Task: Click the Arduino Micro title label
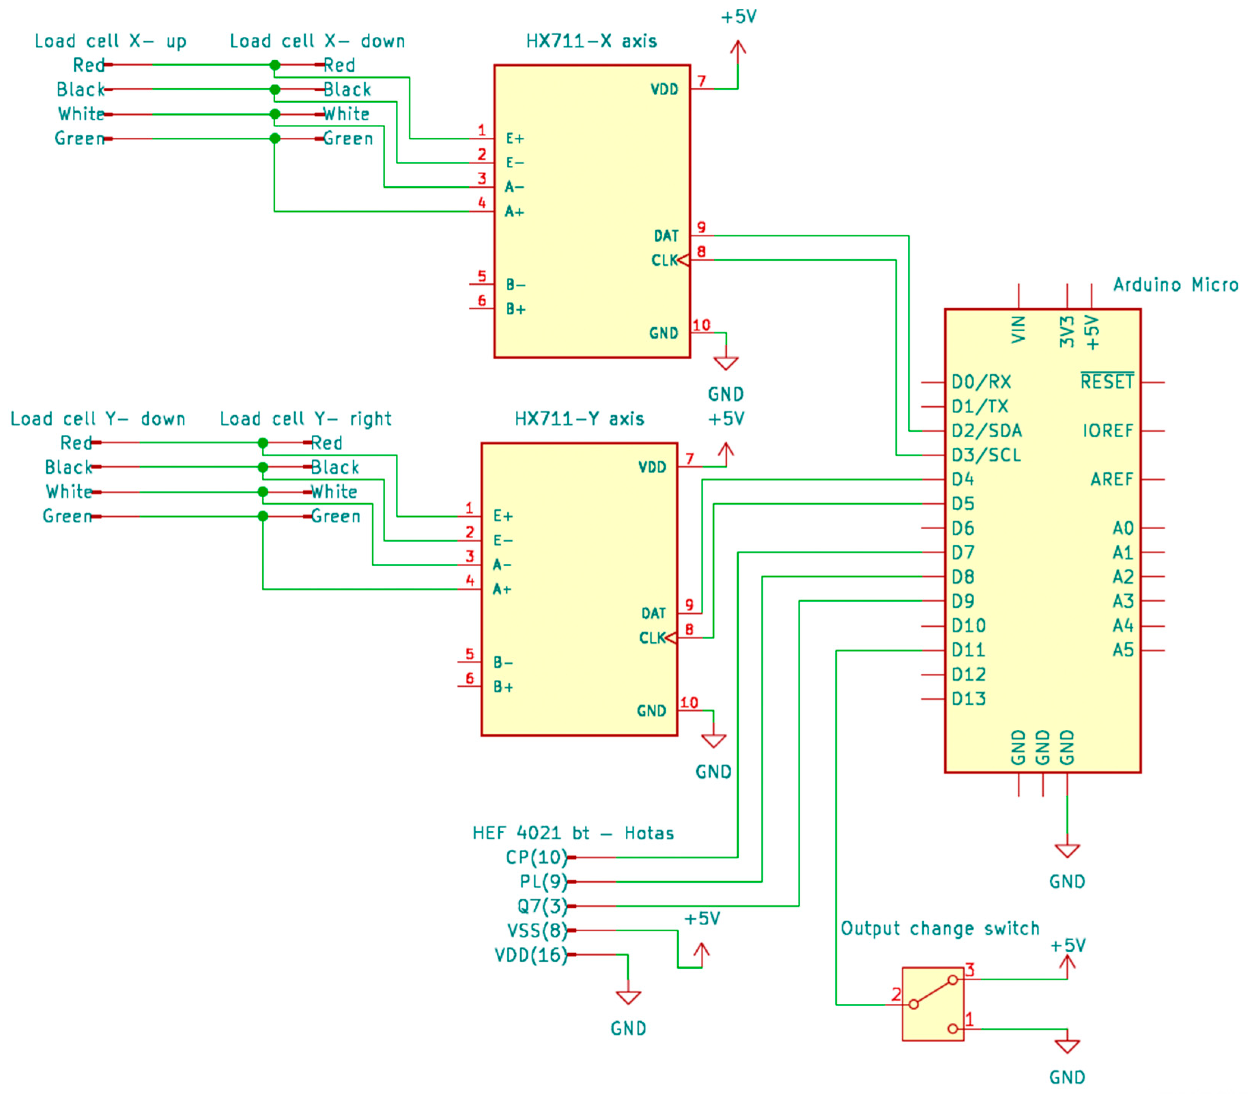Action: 1175,285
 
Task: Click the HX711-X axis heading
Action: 591,41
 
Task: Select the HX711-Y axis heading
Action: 579,419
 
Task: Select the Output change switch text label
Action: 939,929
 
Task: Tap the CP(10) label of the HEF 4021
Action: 536,857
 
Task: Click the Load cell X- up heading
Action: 110,41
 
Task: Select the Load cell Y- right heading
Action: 305,419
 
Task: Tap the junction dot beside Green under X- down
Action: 275,138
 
